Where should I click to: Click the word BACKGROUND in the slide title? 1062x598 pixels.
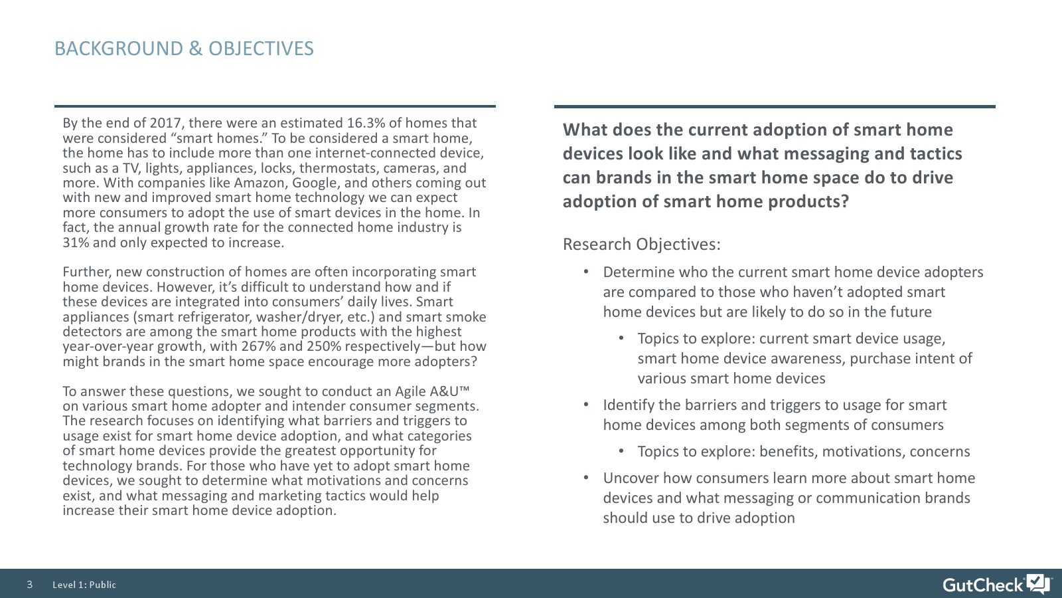(119, 49)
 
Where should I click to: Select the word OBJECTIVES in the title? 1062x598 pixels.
(261, 49)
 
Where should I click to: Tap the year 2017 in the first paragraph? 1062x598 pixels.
(167, 124)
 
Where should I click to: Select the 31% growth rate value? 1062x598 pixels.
(76, 243)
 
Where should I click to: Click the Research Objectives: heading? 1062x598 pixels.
(641, 244)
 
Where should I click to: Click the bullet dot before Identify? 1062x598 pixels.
(586, 405)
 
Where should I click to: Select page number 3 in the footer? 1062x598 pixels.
(30, 584)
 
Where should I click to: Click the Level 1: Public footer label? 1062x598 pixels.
(84, 585)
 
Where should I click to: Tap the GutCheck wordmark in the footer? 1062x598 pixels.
(983, 585)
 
